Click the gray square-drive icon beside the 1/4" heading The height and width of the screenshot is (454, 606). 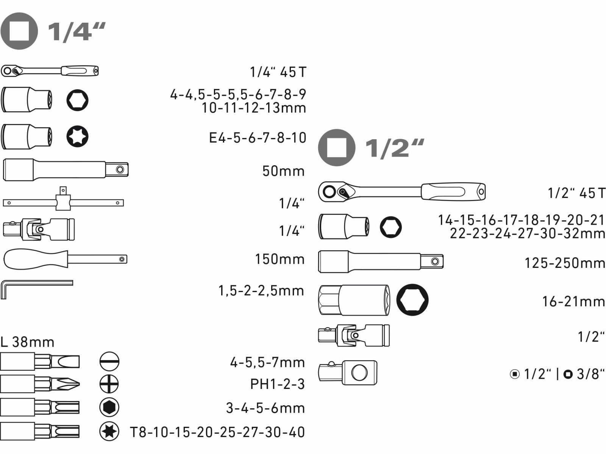pos(19,31)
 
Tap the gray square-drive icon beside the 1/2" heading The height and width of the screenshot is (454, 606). pos(337,148)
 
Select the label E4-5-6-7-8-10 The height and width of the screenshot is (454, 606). pos(258,137)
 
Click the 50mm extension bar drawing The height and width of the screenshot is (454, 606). pos(66,169)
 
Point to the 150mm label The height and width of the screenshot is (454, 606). pos(280,259)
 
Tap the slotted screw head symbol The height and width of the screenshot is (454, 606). pos(109,361)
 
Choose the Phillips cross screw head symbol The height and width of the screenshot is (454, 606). pos(109,384)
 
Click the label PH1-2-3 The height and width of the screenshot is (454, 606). pos(278,384)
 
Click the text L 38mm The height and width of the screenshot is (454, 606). pos(28,342)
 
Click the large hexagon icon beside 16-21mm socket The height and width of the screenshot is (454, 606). pos(412,300)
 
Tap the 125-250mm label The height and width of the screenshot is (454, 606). pos(565,263)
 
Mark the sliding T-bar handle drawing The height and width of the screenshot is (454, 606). pos(63,199)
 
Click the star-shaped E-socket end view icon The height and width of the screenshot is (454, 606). pos(78,136)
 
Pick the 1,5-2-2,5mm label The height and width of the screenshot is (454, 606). pos(261,291)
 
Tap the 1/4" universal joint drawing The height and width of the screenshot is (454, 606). pos(39,229)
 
